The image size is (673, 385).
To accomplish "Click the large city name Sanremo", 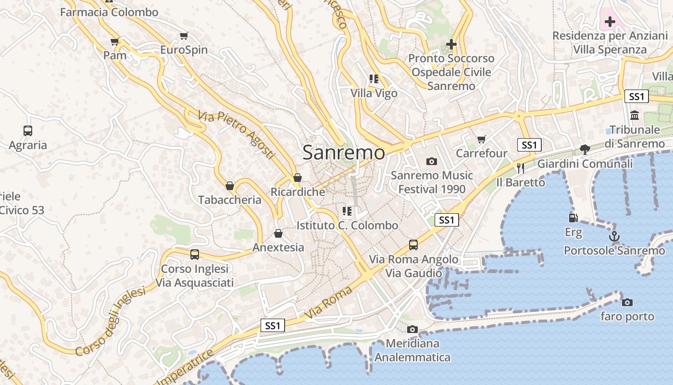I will point(344,153).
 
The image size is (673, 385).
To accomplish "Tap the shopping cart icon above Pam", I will point(114,42).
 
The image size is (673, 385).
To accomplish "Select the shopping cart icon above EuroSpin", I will point(184,36).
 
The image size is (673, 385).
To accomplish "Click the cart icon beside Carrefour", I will point(481,140).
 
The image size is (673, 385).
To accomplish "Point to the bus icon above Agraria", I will point(28,131).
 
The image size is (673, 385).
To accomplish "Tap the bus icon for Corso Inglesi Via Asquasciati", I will point(195,255).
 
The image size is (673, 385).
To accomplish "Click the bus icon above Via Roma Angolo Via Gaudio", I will point(413,245).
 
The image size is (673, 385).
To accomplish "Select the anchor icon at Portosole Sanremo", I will point(614,236).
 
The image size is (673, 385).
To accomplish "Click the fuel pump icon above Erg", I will point(573,218).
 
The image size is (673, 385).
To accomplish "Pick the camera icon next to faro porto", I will point(627,302).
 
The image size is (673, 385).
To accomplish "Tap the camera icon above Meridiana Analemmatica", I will point(412,330).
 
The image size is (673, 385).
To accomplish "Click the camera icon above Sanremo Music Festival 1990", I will point(432,161).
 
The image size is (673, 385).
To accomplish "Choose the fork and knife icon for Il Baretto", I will point(521,168).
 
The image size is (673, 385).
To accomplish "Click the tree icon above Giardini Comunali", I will point(585,149).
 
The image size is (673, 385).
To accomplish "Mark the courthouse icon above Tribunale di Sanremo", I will point(634,115).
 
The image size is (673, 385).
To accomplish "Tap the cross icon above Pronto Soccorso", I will point(451,44).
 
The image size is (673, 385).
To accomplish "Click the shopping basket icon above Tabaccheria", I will point(230,186).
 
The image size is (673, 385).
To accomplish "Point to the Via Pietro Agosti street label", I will point(236,135).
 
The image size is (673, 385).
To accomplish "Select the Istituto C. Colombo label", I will point(347,225).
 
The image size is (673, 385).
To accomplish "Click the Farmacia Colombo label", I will point(109,13).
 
